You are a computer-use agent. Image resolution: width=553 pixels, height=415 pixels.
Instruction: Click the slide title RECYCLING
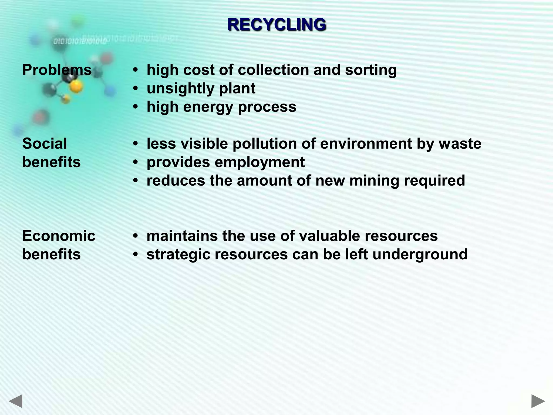[277, 25]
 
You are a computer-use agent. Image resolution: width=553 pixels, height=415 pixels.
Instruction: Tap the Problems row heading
[57, 70]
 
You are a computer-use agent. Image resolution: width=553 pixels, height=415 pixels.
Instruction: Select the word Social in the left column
[45, 143]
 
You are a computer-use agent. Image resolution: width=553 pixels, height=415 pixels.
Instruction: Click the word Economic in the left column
[59, 236]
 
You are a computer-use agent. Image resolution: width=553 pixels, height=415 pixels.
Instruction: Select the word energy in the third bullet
[208, 107]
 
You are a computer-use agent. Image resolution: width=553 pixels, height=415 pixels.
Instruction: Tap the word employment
[259, 162]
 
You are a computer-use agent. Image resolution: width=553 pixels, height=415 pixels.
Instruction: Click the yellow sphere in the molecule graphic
[76, 86]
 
